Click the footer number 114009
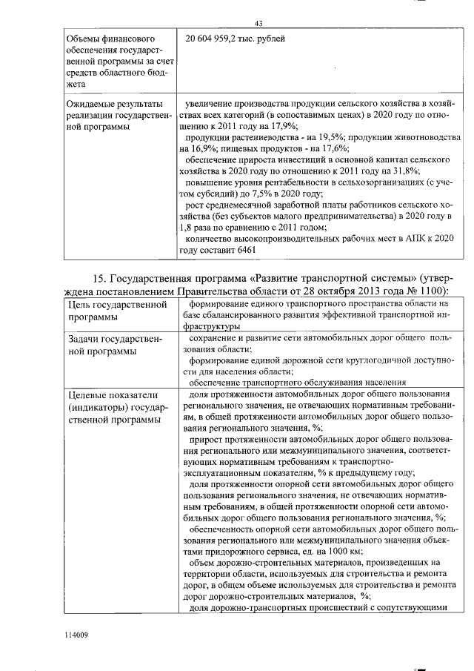76,635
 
